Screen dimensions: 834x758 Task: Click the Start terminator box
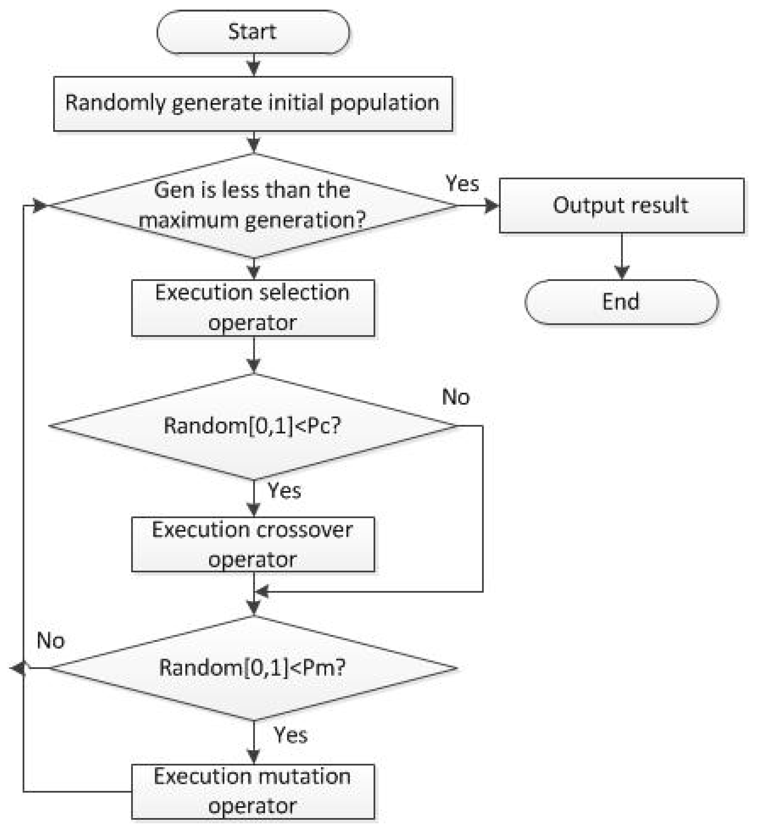(253, 32)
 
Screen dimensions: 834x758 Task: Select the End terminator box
(621, 302)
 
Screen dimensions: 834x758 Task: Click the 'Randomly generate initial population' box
(253, 103)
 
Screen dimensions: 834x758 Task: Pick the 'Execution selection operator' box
(253, 308)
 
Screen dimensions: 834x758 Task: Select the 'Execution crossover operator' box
(253, 544)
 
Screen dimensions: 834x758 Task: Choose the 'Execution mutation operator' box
(253, 791)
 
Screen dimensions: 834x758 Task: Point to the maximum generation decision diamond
(253, 206)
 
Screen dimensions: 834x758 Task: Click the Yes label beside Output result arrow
(462, 183)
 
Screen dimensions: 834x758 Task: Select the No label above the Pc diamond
(456, 397)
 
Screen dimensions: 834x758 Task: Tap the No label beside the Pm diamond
(51, 641)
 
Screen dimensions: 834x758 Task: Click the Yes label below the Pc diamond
(284, 491)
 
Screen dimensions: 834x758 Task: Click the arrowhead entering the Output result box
(492, 206)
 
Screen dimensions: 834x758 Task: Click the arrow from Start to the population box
(253, 65)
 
